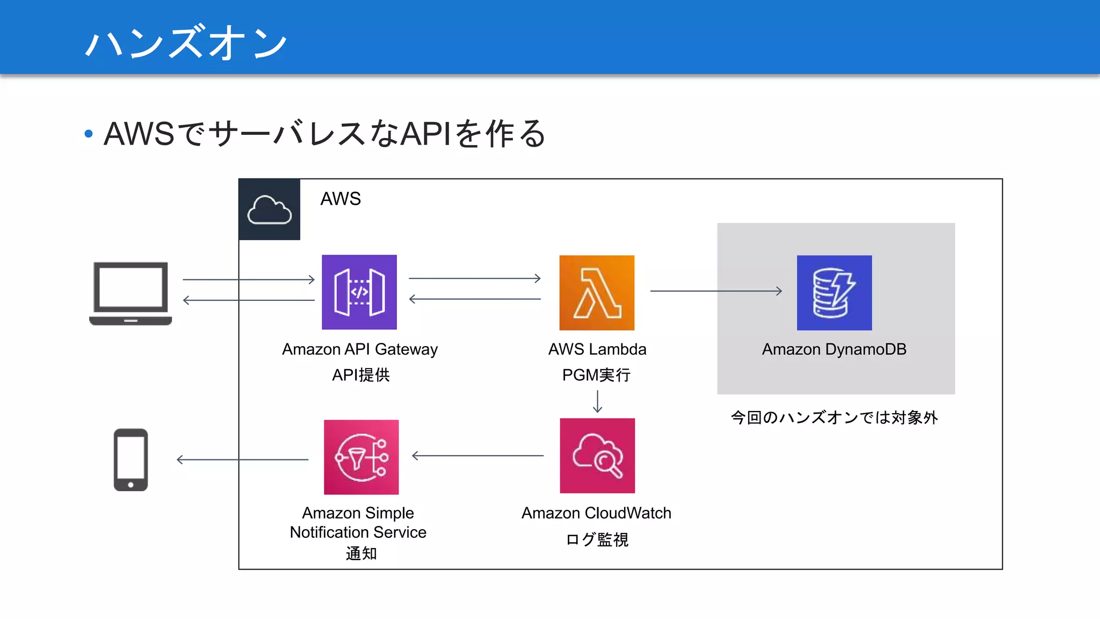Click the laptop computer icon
(x=131, y=293)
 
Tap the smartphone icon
(x=131, y=459)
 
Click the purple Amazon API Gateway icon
(x=359, y=292)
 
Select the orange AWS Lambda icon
(x=597, y=292)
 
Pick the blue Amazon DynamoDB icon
(x=834, y=292)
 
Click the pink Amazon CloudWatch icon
(x=597, y=456)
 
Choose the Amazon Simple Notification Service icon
(x=361, y=457)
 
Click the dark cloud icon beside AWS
(x=269, y=209)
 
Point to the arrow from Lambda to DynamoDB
(x=715, y=291)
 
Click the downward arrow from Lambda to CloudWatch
(x=597, y=401)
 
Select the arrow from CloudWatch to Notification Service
(x=477, y=456)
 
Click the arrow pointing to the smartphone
(x=242, y=459)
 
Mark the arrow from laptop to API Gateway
(x=248, y=279)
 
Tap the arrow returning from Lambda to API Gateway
(x=474, y=299)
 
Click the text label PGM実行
(x=596, y=375)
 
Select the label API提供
(x=360, y=375)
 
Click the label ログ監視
(x=597, y=539)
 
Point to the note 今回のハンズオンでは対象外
(x=834, y=418)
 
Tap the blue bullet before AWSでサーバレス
(x=89, y=133)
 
